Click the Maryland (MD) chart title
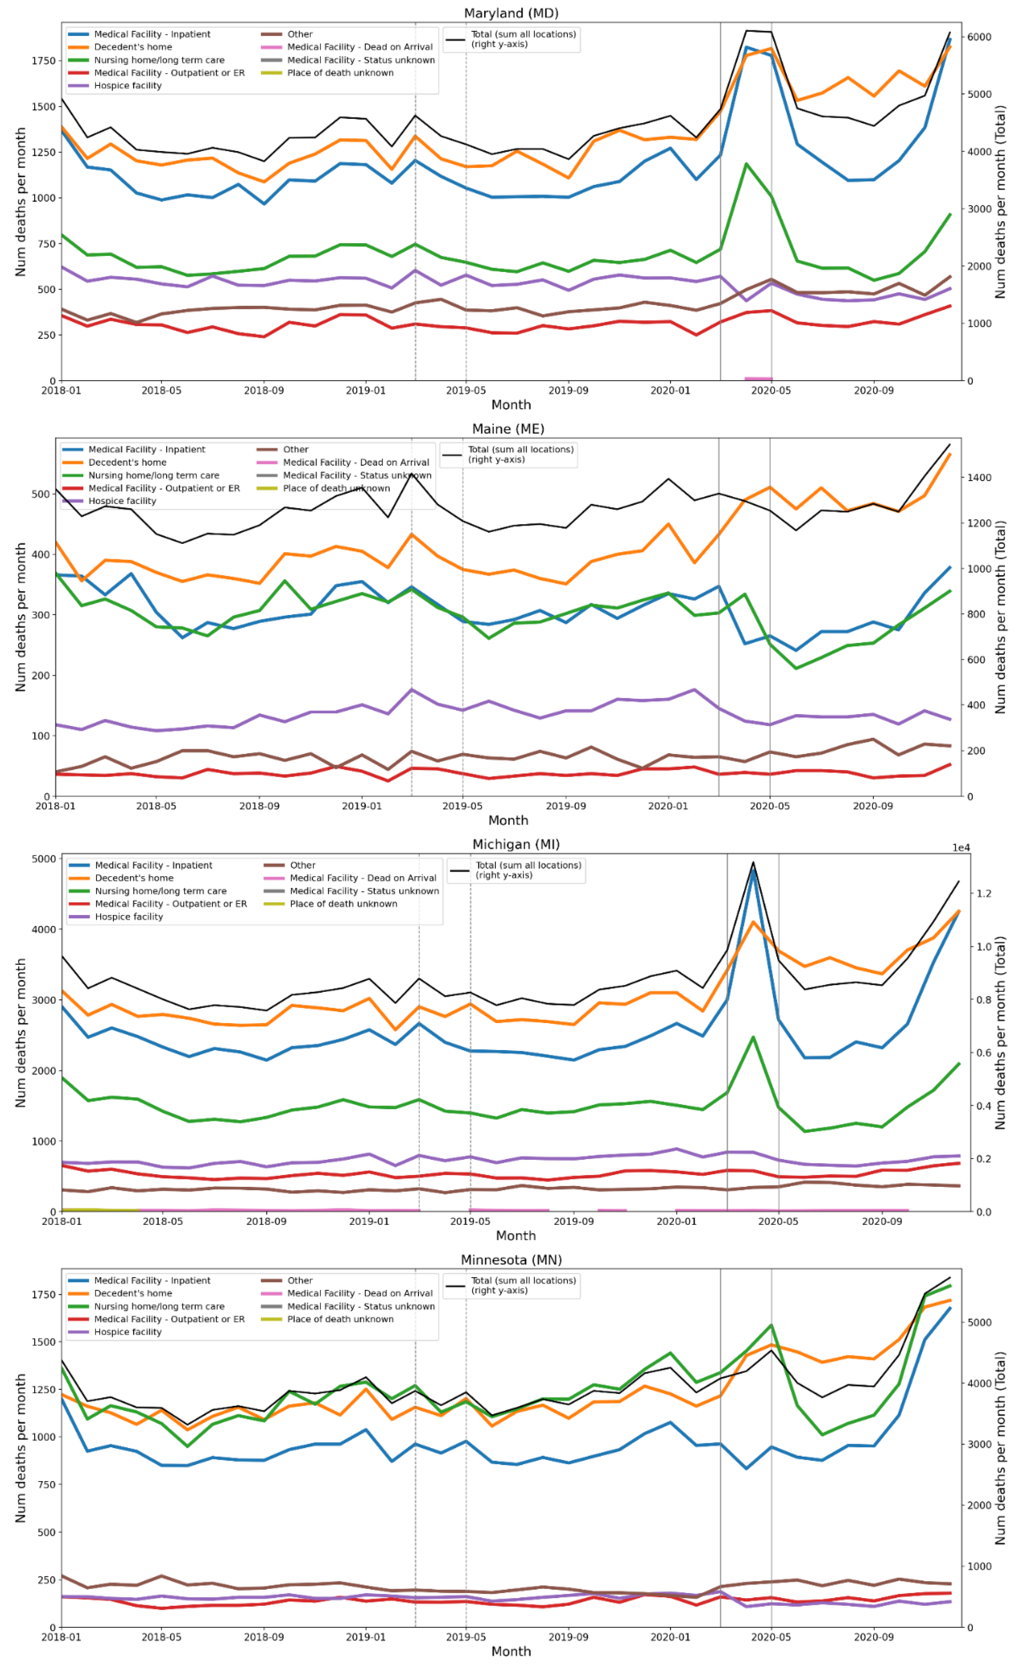pyautogui.click(x=511, y=13)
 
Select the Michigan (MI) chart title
pyautogui.click(x=515, y=844)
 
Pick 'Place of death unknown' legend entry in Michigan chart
pyautogui.click(x=343, y=903)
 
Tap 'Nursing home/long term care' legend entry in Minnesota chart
pyautogui.click(x=158, y=1306)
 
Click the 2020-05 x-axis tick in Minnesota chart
pyautogui.click(x=771, y=1637)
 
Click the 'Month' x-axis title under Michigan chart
pyautogui.click(x=515, y=1236)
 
